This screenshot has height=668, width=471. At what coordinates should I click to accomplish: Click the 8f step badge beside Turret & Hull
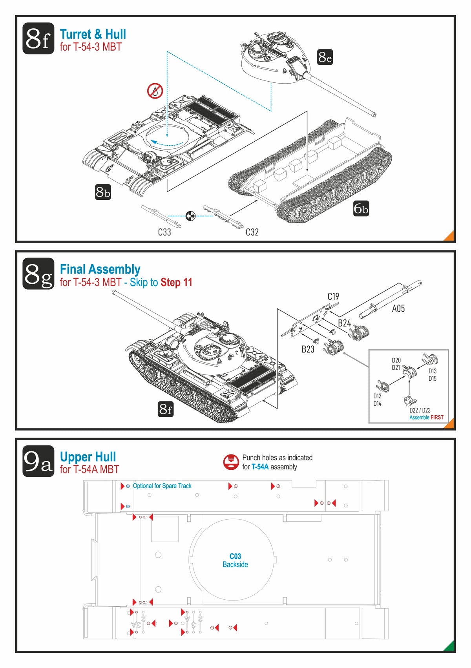tap(38, 38)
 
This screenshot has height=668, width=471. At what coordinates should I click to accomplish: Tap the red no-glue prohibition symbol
tap(155, 91)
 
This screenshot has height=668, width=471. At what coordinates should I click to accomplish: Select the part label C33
tap(164, 232)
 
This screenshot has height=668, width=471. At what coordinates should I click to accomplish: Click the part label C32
tap(252, 232)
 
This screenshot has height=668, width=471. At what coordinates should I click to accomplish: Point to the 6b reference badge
tap(361, 208)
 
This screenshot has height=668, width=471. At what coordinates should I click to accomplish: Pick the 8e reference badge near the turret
tap(325, 57)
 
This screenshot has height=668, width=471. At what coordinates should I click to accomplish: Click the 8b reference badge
tap(103, 192)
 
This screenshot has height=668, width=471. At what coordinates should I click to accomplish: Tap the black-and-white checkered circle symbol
tap(190, 215)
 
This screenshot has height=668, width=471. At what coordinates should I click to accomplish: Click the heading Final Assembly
tap(100, 269)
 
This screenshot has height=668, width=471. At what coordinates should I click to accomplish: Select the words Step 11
tap(176, 283)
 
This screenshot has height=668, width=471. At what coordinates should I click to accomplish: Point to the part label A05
tap(398, 309)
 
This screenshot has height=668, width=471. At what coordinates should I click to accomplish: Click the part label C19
tap(333, 296)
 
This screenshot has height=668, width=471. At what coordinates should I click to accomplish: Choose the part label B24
tap(344, 323)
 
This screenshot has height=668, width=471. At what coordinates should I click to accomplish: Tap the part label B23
tap(308, 349)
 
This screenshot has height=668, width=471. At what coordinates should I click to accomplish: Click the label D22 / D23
tap(420, 410)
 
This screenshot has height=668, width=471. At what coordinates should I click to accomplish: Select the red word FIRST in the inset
tap(437, 418)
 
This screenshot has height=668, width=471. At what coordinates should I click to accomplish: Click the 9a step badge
tap(38, 461)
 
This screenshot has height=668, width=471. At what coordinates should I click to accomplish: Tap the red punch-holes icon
tap(231, 462)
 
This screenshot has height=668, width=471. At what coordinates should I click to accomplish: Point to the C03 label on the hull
tap(235, 556)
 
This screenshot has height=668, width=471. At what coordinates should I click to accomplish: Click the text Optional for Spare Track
tap(162, 486)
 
